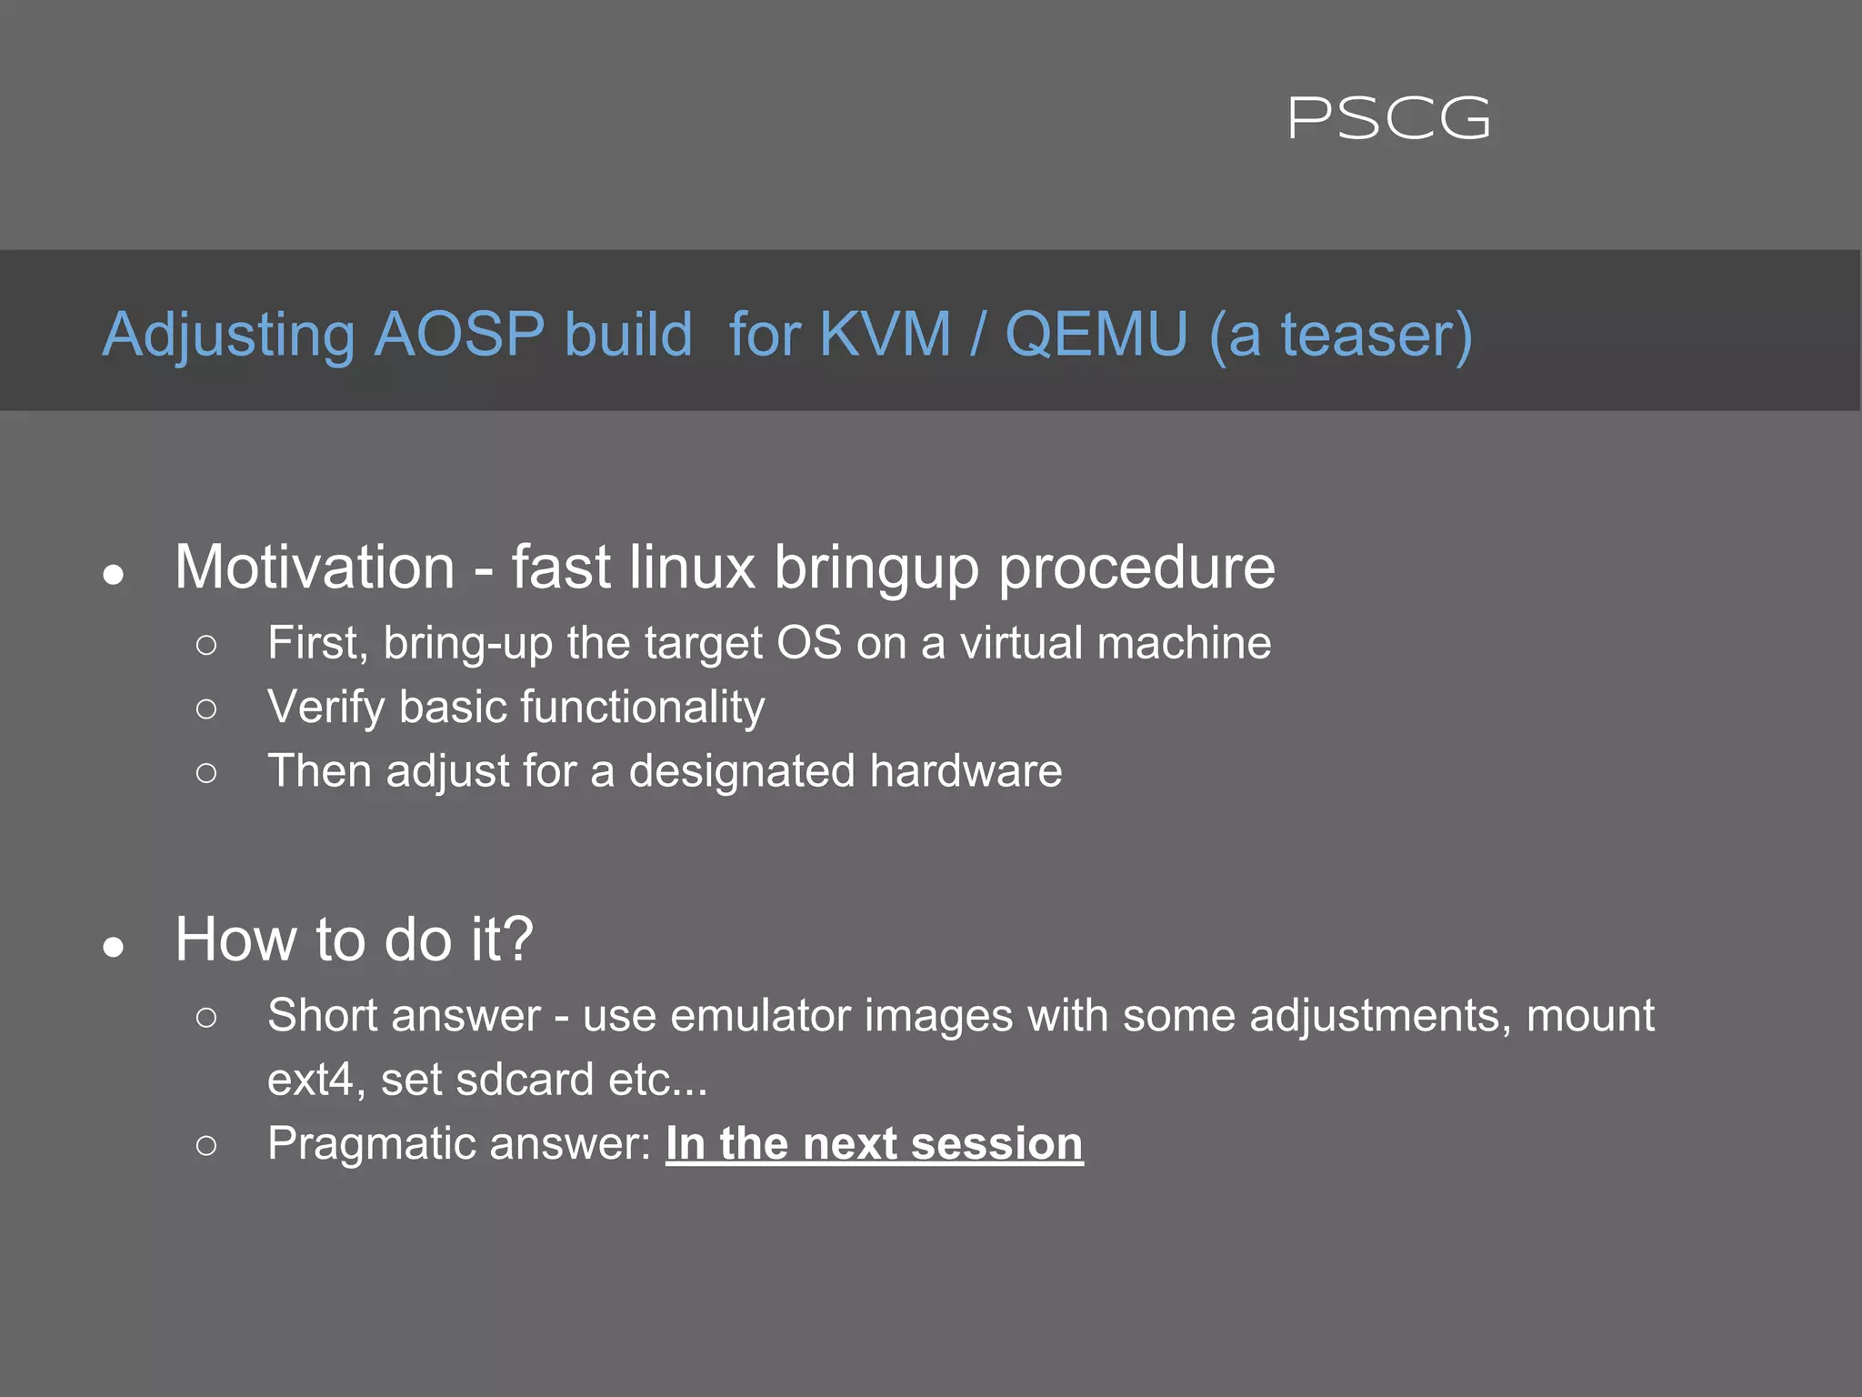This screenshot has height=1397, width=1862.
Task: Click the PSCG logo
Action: pyautogui.click(x=1388, y=119)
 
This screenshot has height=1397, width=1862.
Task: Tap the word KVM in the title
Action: pyautogui.click(x=885, y=335)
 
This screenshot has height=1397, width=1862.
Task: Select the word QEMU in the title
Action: pyautogui.click(x=1096, y=335)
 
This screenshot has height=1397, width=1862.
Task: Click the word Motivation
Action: pyautogui.click(x=315, y=568)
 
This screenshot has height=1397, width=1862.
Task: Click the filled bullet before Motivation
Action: pyautogui.click(x=114, y=575)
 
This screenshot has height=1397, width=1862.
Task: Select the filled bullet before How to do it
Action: pyautogui.click(x=114, y=948)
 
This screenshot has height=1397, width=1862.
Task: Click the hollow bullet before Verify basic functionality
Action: pyautogui.click(x=206, y=709)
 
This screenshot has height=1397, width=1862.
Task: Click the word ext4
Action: pyautogui.click(x=310, y=1080)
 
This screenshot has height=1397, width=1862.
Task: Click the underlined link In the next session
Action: pyautogui.click(x=874, y=1144)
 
